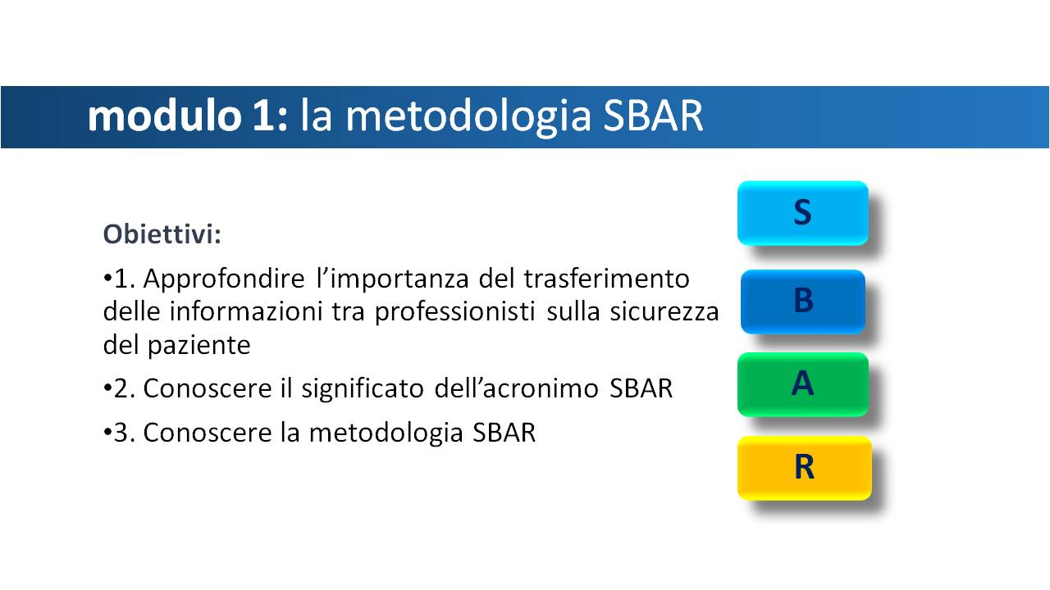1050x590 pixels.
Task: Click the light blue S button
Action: point(802,213)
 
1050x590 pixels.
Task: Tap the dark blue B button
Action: point(803,302)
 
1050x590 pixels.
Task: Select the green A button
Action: point(803,384)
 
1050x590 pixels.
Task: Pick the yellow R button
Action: point(805,468)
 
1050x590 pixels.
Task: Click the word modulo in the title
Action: point(165,116)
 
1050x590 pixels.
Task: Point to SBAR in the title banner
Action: point(653,116)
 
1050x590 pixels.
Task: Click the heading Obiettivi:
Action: point(162,234)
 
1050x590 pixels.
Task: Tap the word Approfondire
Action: point(224,279)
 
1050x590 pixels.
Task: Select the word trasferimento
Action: point(606,279)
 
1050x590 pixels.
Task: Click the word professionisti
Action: point(454,312)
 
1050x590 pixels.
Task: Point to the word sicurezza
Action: point(664,312)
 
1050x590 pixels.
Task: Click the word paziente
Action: point(199,346)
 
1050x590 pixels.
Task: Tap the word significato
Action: point(363,389)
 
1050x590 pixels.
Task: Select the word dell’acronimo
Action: point(517,388)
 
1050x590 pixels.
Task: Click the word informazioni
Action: point(245,312)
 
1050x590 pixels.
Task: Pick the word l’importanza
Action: point(393,279)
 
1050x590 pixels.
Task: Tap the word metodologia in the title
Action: point(468,117)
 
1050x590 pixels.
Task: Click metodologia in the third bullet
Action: point(386,433)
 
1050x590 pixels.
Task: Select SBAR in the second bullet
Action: point(641,388)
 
